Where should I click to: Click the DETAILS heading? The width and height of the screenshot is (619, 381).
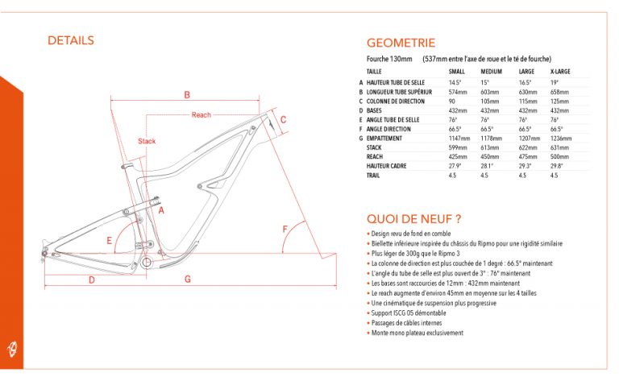click(71, 40)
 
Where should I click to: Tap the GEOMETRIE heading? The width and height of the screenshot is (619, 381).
click(401, 43)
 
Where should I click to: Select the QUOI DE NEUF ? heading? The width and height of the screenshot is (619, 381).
click(413, 218)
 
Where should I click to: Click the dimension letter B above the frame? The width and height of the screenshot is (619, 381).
click(187, 95)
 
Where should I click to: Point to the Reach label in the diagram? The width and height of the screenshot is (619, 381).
click(201, 114)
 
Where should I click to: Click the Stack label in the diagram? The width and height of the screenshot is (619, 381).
click(147, 141)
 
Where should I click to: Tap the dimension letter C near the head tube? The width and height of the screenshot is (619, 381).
click(283, 119)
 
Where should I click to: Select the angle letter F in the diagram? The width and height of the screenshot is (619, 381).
click(285, 229)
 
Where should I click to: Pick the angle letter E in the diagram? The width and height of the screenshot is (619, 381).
click(110, 240)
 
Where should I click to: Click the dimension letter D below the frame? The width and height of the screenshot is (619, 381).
click(92, 280)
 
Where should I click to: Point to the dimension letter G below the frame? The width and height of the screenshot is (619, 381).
click(188, 279)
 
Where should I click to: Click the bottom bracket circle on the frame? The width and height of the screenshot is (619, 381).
click(147, 262)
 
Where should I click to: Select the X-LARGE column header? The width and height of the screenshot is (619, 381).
click(560, 72)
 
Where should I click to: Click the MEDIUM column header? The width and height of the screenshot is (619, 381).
click(491, 72)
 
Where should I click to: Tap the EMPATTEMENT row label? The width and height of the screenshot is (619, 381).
click(384, 139)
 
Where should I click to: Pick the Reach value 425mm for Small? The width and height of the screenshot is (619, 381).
click(458, 156)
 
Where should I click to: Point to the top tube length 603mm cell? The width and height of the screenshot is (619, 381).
click(490, 92)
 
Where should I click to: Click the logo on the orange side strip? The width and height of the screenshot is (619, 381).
click(12, 349)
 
